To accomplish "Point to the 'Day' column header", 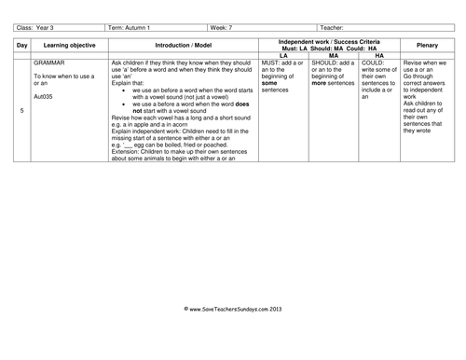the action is pos(21,44).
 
